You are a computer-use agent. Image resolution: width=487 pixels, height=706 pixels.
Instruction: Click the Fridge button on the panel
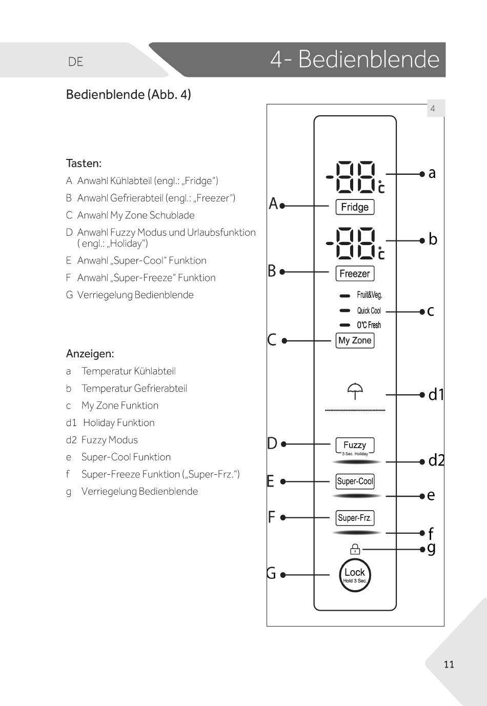pyautogui.click(x=355, y=207)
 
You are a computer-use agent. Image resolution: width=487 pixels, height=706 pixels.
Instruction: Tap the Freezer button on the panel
pyautogui.click(x=355, y=274)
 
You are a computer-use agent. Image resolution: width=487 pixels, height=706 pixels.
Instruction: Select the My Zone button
pyautogui.click(x=355, y=340)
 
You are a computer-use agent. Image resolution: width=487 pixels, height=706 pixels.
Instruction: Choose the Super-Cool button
pyautogui.click(x=355, y=481)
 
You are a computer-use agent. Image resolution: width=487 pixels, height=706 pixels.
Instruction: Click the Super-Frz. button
pyautogui.click(x=355, y=518)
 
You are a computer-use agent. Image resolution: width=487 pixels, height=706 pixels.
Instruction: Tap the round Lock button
pyautogui.click(x=355, y=575)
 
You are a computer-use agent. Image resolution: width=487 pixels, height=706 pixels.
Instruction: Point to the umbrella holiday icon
pyautogui.click(x=355, y=391)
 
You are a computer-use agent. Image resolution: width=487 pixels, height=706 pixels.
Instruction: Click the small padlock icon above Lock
pyautogui.click(x=355, y=549)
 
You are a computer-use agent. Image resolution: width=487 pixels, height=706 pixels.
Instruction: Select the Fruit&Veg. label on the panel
pyautogui.click(x=370, y=295)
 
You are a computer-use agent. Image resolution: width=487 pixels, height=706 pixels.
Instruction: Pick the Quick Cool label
pyautogui.click(x=369, y=311)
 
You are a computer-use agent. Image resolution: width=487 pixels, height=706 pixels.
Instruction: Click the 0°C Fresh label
pyautogui.click(x=369, y=325)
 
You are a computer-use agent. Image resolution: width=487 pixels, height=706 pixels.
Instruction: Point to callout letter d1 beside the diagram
pyautogui.click(x=436, y=394)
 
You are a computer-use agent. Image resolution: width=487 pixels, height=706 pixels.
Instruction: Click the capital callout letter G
pyautogui.click(x=271, y=573)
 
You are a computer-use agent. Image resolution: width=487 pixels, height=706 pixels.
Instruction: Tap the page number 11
pyautogui.click(x=449, y=664)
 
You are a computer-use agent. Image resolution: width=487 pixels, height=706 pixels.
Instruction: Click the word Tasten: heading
pyautogui.click(x=84, y=164)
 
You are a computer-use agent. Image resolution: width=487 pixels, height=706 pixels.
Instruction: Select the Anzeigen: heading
pyautogui.click(x=90, y=354)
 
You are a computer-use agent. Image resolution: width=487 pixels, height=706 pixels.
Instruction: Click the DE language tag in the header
pyautogui.click(x=75, y=62)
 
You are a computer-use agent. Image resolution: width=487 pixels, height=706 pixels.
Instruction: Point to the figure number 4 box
pyautogui.click(x=433, y=109)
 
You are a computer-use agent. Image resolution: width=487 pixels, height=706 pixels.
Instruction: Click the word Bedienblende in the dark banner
pyautogui.click(x=369, y=59)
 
